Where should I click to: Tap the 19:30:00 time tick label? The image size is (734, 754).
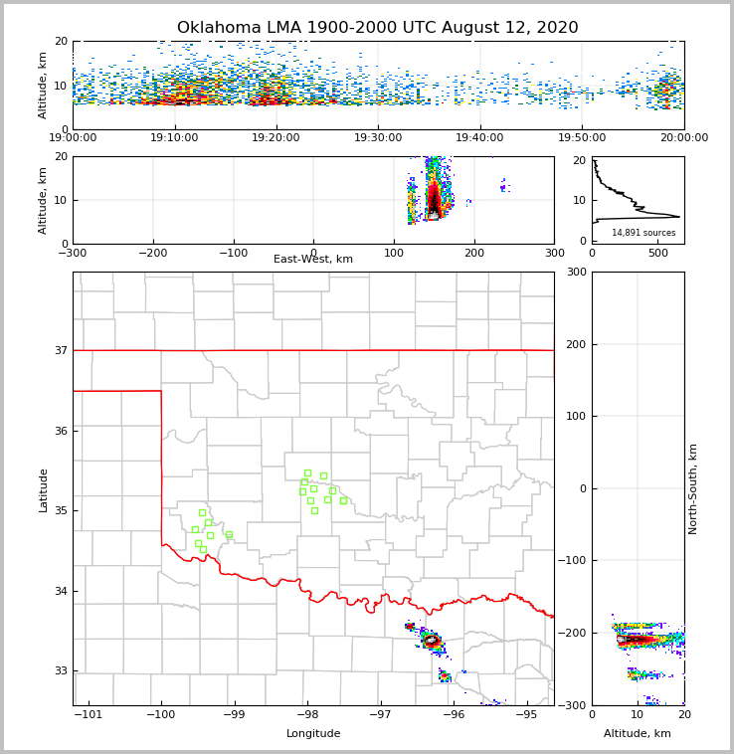(378, 138)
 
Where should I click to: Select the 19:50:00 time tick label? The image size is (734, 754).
(582, 138)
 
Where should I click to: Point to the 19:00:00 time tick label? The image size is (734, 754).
(73, 138)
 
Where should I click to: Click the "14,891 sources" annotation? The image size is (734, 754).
(643, 233)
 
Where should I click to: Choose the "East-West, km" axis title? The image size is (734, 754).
(313, 260)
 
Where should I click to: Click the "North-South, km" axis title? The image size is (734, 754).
(693, 488)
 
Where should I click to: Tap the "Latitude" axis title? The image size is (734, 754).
(44, 489)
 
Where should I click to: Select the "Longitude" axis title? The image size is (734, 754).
(313, 734)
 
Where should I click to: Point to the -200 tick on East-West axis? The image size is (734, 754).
(152, 253)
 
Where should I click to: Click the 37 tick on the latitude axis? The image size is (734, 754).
(61, 350)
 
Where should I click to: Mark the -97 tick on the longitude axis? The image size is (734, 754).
(381, 714)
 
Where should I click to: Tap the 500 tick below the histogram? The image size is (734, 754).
(658, 253)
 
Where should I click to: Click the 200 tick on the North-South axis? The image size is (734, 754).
(576, 344)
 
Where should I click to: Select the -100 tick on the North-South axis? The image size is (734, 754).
(573, 561)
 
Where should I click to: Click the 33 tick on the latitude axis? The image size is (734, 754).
(61, 671)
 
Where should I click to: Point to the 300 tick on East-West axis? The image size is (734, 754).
(554, 253)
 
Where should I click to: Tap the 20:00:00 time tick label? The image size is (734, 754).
(684, 138)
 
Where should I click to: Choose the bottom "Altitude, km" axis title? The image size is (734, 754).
(638, 734)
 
